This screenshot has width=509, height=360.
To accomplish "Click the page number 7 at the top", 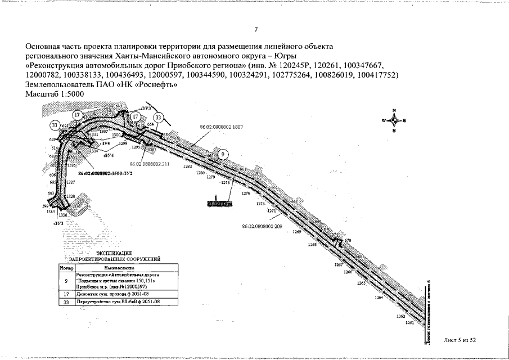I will pos(256,29).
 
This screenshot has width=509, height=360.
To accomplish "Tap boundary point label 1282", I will pos(188,167).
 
